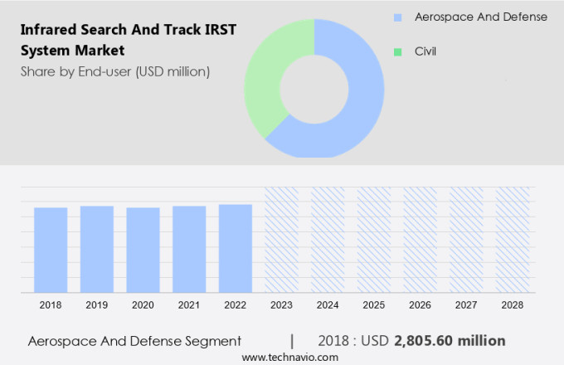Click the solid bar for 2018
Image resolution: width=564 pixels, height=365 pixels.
pyautogui.click(x=51, y=250)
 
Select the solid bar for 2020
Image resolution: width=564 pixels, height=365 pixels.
pyautogui.click(x=143, y=250)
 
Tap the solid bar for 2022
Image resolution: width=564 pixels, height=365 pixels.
pyautogui.click(x=236, y=248)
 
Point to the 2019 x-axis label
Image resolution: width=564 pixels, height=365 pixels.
pyautogui.click(x=96, y=305)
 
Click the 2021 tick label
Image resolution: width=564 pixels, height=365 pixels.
pyautogui.click(x=189, y=305)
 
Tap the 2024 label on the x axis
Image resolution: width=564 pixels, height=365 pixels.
pyautogui.click(x=328, y=305)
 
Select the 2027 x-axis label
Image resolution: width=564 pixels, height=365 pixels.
pyautogui.click(x=466, y=305)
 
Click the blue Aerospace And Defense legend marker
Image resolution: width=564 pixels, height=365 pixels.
pyautogui.click(x=398, y=17)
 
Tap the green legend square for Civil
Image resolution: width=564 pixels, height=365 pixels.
pyautogui.click(x=398, y=51)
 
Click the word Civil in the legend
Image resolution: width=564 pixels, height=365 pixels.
pyautogui.click(x=425, y=51)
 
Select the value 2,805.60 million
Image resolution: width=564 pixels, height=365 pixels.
pyautogui.click(x=450, y=340)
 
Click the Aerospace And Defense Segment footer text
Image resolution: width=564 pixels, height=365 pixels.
pyautogui.click(x=134, y=340)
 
